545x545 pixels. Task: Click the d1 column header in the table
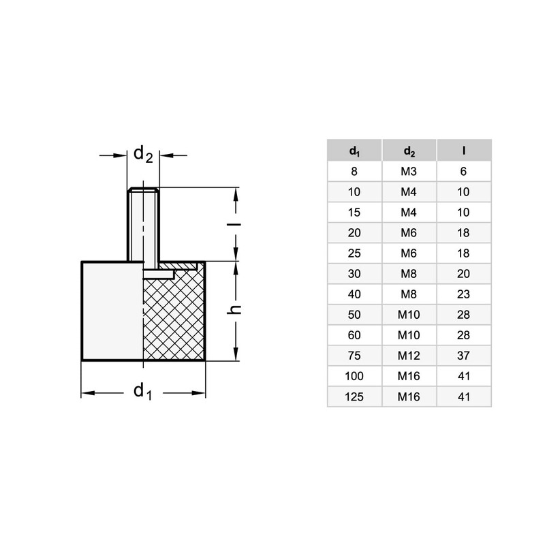tap(354, 150)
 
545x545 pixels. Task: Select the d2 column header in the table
tap(409, 150)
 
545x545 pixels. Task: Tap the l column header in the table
tap(464, 150)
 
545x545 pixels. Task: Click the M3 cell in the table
tap(409, 171)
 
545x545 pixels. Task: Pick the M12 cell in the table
tap(409, 355)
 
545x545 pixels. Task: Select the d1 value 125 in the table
tap(354, 396)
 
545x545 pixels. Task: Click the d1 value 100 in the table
tap(354, 375)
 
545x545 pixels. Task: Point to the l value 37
tap(464, 355)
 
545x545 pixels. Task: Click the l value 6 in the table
tap(464, 171)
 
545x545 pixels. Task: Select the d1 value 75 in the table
tap(354, 355)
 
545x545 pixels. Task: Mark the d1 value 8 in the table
tap(354, 171)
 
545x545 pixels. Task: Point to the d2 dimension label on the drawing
tap(143, 154)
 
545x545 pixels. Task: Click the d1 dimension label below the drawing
tap(142, 392)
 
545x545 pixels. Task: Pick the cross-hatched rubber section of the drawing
tap(174, 317)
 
